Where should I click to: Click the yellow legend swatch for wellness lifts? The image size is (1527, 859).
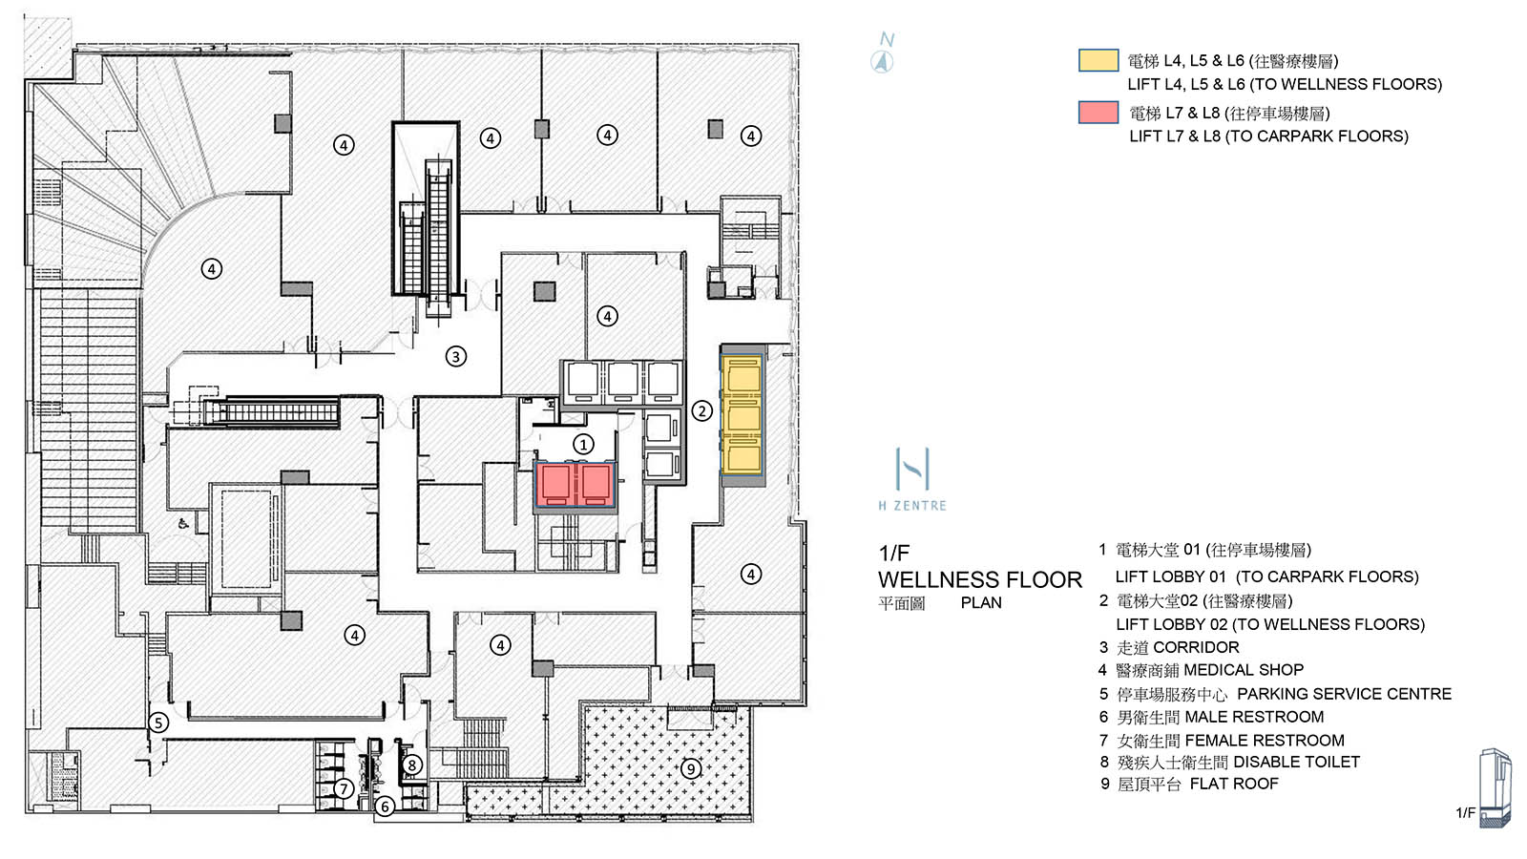pyautogui.click(x=1098, y=60)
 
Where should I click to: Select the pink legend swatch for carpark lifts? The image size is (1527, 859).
pyautogui.click(x=1098, y=112)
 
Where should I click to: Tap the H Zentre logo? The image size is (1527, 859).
pyautogui.click(x=912, y=478)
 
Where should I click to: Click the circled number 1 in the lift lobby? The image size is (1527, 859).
pyautogui.click(x=583, y=444)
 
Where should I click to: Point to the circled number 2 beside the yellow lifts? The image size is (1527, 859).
pyautogui.click(x=701, y=410)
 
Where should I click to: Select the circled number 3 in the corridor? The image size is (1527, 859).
pyautogui.click(x=456, y=357)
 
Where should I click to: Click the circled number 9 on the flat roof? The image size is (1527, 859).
pyautogui.click(x=691, y=768)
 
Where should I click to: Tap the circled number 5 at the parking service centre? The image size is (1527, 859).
pyautogui.click(x=158, y=723)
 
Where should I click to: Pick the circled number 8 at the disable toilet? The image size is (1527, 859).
pyautogui.click(x=411, y=765)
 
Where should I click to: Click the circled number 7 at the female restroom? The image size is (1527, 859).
pyautogui.click(x=344, y=788)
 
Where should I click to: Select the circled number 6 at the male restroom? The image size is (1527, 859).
pyautogui.click(x=385, y=807)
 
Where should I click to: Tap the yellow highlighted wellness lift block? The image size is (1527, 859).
pyautogui.click(x=743, y=415)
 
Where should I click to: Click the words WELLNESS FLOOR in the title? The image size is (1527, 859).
pyautogui.click(x=979, y=579)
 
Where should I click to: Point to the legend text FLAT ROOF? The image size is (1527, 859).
pyautogui.click(x=1233, y=784)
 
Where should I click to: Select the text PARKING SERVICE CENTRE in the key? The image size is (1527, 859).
pyautogui.click(x=1344, y=694)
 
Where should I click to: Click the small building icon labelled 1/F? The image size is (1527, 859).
pyautogui.click(x=1494, y=787)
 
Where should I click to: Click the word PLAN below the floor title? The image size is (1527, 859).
pyautogui.click(x=981, y=603)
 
